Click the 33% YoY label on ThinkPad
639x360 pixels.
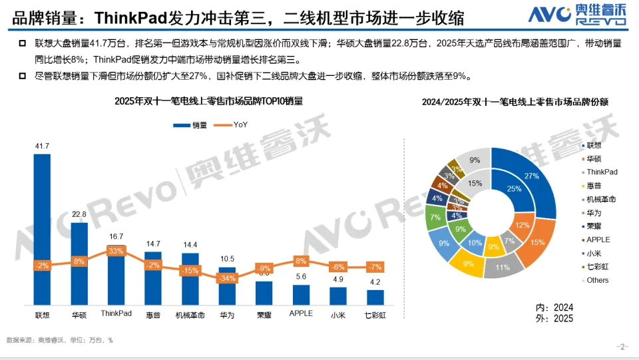click(x=116, y=251)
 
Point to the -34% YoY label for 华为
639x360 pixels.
click(x=227, y=278)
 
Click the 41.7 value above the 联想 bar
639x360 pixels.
click(x=42, y=146)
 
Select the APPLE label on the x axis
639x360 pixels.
click(x=301, y=313)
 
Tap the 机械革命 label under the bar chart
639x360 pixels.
click(x=190, y=313)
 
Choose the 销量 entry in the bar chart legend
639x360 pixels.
click(x=192, y=124)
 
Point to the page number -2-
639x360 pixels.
click(x=623, y=346)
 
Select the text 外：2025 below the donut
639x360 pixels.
click(x=554, y=319)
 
